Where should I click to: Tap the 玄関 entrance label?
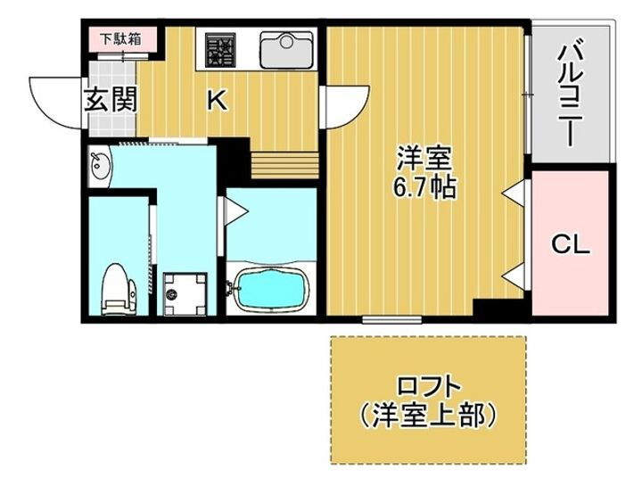point(111,99)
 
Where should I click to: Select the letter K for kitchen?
point(217,101)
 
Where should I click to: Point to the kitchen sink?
point(286,46)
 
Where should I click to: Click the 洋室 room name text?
point(424,161)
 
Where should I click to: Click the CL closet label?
point(568,243)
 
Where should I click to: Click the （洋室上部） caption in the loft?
point(429,416)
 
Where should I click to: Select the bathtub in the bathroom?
point(270,287)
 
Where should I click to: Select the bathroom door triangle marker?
point(233,210)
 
